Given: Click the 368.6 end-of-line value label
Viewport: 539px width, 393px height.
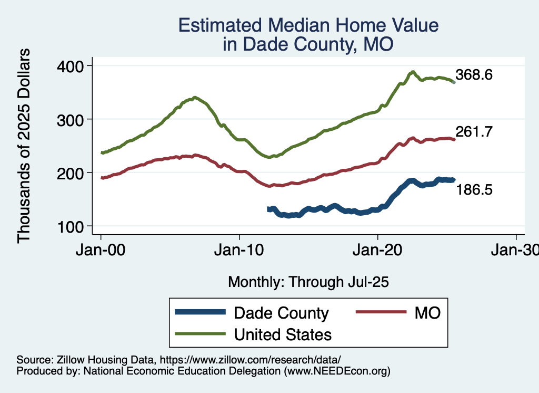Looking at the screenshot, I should click(474, 75).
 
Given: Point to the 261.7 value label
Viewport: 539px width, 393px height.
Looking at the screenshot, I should click(474, 132).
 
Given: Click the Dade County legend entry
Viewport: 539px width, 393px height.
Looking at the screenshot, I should click(281, 313).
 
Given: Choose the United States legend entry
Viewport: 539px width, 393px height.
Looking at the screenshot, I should click(283, 334).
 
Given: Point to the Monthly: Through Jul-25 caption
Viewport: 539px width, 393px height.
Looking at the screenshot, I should click(308, 282).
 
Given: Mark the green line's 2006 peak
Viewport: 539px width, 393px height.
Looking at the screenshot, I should click(195, 98).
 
